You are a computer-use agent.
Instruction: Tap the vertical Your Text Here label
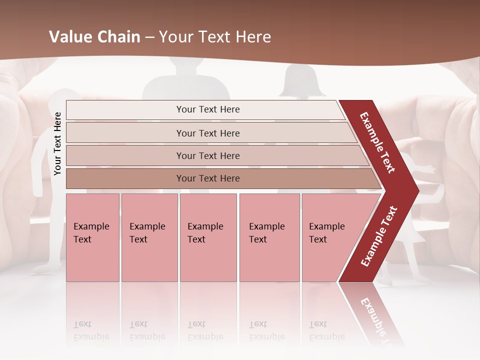click(57, 144)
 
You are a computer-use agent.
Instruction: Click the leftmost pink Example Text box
click(92, 237)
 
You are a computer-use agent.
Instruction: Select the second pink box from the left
click(149, 237)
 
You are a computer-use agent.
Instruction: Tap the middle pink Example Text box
click(208, 237)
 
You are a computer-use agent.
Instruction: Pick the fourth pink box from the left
click(269, 237)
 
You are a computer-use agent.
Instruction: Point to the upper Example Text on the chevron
click(377, 142)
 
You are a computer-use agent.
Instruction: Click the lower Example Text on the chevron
click(379, 236)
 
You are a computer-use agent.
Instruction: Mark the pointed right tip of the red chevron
click(417, 191)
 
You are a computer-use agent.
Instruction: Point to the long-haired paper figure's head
click(301, 80)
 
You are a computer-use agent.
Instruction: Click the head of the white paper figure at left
click(65, 99)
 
